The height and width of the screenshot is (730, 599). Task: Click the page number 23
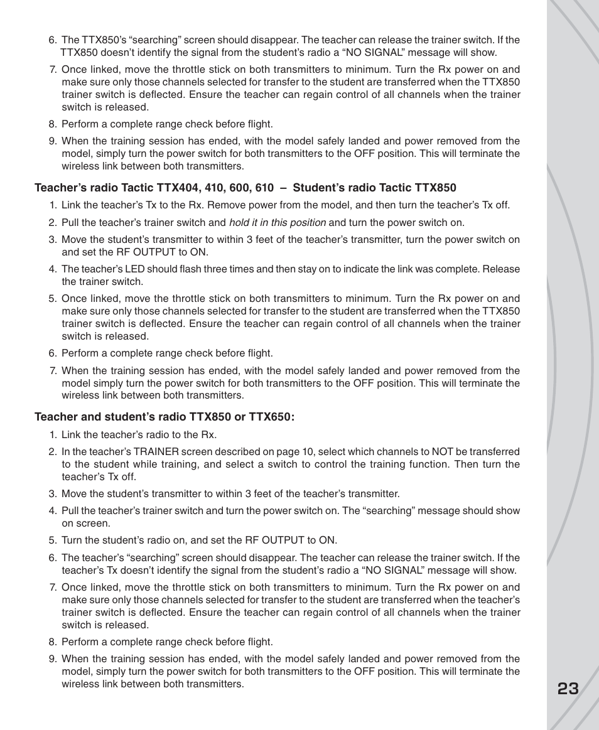coord(568,689)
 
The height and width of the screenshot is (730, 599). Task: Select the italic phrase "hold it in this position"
coord(277,223)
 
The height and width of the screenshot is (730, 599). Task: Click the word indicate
coord(362,269)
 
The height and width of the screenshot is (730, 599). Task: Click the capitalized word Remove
coord(224,205)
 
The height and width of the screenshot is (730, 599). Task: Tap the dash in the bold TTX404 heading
coord(283,188)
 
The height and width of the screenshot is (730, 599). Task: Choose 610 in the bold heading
coord(264,188)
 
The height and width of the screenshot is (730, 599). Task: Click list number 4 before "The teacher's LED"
coord(53,269)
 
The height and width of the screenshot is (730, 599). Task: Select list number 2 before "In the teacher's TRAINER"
coord(53,452)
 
